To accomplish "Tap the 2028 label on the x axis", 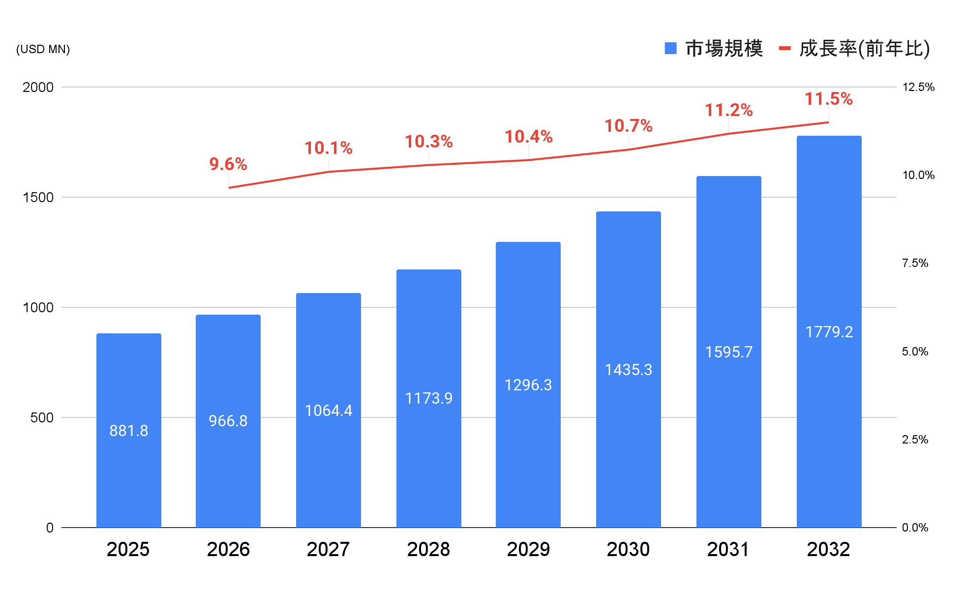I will (428, 549).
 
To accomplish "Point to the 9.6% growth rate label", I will (228, 164).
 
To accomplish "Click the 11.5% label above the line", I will (829, 99).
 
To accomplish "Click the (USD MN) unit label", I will (43, 49).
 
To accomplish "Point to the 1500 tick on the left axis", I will (38, 197).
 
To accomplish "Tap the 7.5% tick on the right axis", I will (915, 263).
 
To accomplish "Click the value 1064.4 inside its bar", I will (329, 411).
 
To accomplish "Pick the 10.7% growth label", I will (629, 126).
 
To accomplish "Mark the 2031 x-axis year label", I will (728, 549).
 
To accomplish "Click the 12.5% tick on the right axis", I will (918, 87).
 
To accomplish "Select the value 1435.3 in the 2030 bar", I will (629, 370).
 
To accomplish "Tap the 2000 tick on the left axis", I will (38, 87).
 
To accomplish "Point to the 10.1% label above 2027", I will (329, 148).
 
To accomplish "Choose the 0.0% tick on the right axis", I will (915, 528).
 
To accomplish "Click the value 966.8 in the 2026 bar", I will (228, 421).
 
